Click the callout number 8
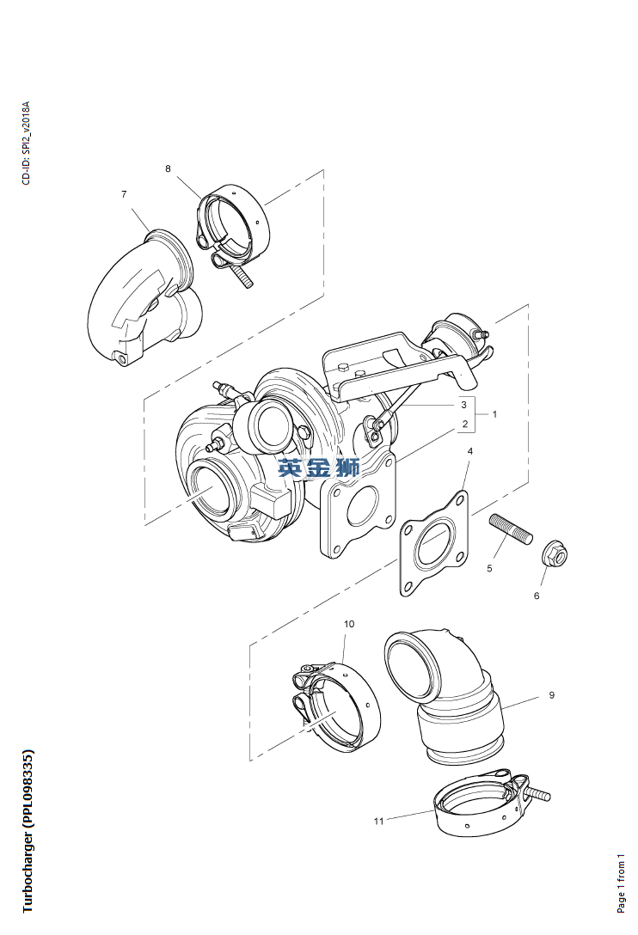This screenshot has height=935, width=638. pyautogui.click(x=168, y=168)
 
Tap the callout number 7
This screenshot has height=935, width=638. pyautogui.click(x=124, y=194)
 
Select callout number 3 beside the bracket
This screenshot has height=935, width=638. pyautogui.click(x=463, y=405)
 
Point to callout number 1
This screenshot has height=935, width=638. pyautogui.click(x=494, y=414)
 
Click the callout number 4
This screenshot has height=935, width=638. pyautogui.click(x=469, y=451)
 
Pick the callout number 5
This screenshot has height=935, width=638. pyautogui.click(x=489, y=568)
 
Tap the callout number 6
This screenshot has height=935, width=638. pyautogui.click(x=537, y=596)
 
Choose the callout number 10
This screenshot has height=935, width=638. pyautogui.click(x=349, y=624)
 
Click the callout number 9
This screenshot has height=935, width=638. pyautogui.click(x=551, y=694)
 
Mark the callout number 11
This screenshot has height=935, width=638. pyautogui.click(x=378, y=821)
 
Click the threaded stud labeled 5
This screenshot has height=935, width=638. pyautogui.click(x=511, y=529)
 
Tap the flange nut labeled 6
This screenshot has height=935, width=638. pyautogui.click(x=554, y=554)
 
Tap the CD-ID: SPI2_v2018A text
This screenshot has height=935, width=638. pyautogui.click(x=26, y=144)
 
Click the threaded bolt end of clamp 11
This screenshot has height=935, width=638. pyautogui.click(x=537, y=794)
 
